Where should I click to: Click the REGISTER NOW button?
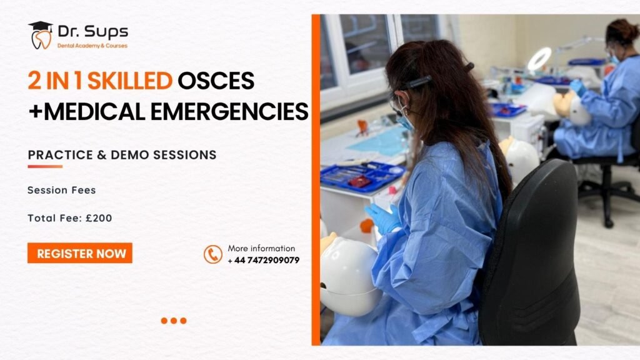(80, 253)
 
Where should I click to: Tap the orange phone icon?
(213, 254)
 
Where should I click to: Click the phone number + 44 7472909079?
(264, 261)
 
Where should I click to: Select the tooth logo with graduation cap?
(41, 35)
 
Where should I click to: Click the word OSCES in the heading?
(216, 81)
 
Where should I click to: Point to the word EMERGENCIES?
(229, 111)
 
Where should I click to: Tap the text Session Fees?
(62, 190)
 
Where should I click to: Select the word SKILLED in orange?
(130, 81)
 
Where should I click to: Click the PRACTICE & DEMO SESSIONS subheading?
(122, 155)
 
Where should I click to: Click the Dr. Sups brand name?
(92, 31)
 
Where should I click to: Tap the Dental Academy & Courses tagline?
(92, 46)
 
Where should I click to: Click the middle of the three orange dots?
(174, 321)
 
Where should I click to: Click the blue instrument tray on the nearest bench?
(361, 176)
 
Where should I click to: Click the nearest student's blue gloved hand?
(382, 218)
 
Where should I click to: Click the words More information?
(261, 248)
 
